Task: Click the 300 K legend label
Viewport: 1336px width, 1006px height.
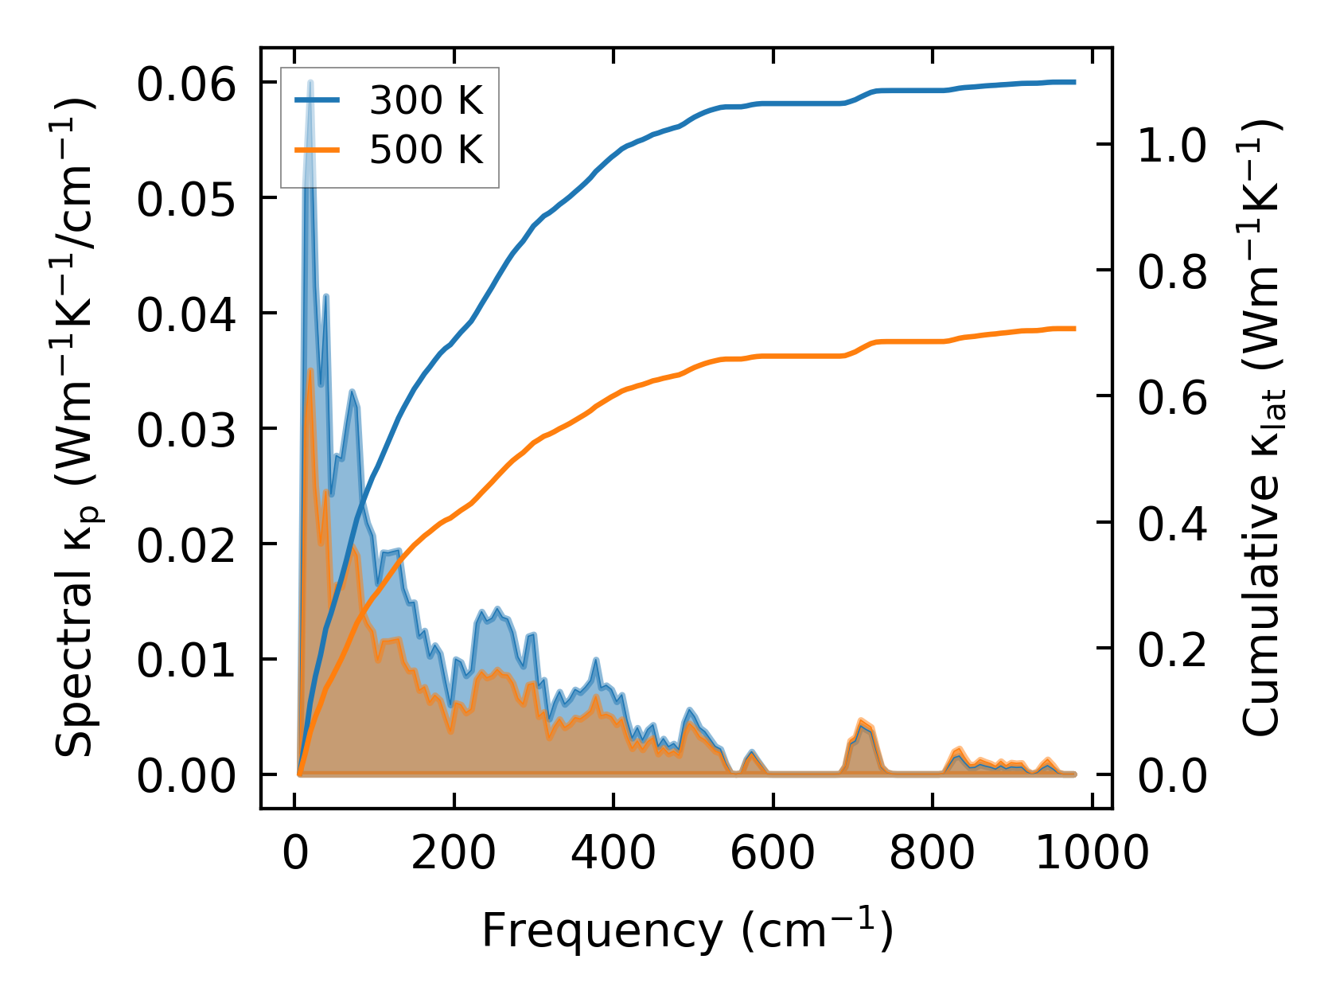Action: pyautogui.click(x=426, y=100)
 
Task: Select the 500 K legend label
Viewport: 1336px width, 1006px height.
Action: pyautogui.click(x=426, y=150)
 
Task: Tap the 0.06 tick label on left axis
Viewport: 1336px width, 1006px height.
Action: pyautogui.click(x=186, y=84)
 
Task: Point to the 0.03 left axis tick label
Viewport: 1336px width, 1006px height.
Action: pyautogui.click(x=186, y=431)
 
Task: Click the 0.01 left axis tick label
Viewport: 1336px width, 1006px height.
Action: pyautogui.click(x=186, y=661)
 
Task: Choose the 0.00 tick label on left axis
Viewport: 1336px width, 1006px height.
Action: pyautogui.click(x=186, y=776)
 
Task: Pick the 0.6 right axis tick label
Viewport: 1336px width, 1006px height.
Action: pyautogui.click(x=1172, y=398)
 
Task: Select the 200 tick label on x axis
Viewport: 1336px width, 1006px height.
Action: pyautogui.click(x=454, y=854)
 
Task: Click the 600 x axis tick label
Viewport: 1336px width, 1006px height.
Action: pyautogui.click(x=773, y=854)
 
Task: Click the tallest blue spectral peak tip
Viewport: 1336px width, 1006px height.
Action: pyautogui.click(x=310, y=82)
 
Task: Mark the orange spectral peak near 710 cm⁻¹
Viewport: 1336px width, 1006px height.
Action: pyautogui.click(x=861, y=720)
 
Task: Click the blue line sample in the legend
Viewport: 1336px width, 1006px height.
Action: pyautogui.click(x=317, y=100)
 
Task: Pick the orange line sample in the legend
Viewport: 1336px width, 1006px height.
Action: pyautogui.click(x=317, y=150)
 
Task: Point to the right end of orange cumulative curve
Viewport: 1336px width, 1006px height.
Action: pyautogui.click(x=1074, y=328)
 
